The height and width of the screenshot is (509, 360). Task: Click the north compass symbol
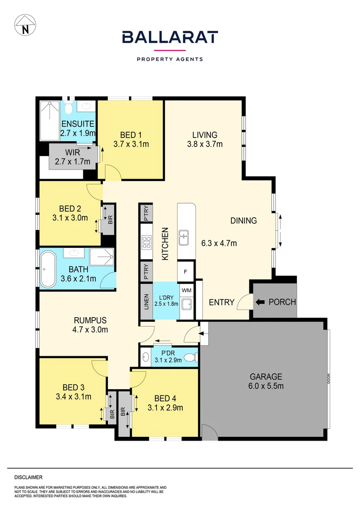click(x=25, y=25)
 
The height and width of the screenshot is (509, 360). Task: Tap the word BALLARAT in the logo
click(x=170, y=37)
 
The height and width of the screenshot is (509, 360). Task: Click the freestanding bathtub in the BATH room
click(x=48, y=269)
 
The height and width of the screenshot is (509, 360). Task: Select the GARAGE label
click(x=266, y=377)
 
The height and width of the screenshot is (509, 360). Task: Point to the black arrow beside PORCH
click(x=260, y=302)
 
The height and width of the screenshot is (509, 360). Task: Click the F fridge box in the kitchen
click(x=185, y=272)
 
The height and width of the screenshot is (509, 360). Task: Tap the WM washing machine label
click(x=186, y=290)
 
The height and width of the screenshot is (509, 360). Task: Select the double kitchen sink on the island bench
click(x=184, y=237)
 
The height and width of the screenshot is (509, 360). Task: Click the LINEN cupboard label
click(x=146, y=302)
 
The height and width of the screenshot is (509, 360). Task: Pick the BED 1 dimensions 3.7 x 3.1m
click(x=131, y=144)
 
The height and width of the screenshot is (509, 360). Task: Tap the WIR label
click(x=73, y=153)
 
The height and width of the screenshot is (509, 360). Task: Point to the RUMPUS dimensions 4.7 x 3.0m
click(x=90, y=330)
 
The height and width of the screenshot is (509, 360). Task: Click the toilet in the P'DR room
click(x=191, y=358)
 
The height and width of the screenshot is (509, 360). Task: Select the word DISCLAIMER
click(x=28, y=477)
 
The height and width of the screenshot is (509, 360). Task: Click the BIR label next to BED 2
click(x=110, y=220)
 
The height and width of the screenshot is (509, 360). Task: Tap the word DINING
click(x=244, y=221)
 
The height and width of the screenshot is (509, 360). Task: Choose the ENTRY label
click(x=221, y=303)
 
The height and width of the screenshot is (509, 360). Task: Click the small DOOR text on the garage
click(x=328, y=378)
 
